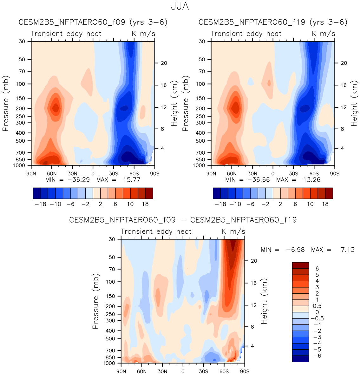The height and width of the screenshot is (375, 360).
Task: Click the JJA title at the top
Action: (180, 6)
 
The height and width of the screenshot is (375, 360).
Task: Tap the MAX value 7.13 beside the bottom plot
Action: (348, 250)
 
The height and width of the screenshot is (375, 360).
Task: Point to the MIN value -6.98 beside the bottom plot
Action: (295, 250)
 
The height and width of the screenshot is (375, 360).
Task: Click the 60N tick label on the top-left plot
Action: (52, 173)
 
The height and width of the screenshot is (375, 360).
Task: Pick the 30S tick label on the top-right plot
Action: (293, 173)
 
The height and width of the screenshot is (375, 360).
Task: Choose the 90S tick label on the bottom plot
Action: (244, 371)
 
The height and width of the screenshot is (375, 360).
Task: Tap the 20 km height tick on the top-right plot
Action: (344, 63)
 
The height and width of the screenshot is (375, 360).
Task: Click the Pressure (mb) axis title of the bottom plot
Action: (95, 301)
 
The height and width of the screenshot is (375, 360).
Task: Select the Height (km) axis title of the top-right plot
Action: (354, 103)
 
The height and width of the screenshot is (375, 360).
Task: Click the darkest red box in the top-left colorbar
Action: (149, 193)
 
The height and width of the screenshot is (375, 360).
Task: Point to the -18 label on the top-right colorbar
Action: (220, 204)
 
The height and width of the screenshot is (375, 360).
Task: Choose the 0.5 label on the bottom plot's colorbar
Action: (317, 306)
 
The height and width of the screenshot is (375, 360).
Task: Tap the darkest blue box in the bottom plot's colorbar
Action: (300, 359)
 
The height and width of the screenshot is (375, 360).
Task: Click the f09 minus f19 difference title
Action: (183, 220)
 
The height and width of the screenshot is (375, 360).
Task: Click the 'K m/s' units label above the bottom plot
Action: (233, 231)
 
